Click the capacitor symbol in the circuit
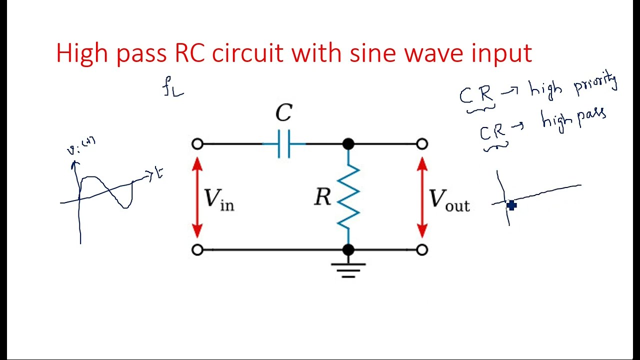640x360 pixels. point(284,144)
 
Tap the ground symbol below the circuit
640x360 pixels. point(348,269)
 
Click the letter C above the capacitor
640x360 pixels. point(283,113)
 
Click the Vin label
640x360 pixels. point(218,199)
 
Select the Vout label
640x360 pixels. point(449,199)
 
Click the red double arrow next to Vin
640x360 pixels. point(197,197)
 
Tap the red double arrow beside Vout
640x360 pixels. point(422,197)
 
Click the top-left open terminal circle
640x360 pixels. point(197,144)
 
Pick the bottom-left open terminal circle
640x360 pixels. point(197,249)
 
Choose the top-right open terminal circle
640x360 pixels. point(422,144)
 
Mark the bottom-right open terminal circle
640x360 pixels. point(422,249)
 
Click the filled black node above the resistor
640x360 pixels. point(348,144)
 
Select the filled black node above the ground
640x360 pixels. point(348,249)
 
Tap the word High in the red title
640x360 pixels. point(82,53)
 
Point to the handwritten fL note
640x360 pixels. point(173,87)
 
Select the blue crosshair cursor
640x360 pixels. point(511,205)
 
